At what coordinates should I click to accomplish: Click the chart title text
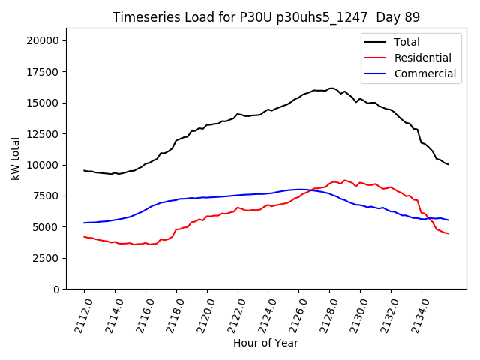coord(266,17)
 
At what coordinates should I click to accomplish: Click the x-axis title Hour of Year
coord(265,343)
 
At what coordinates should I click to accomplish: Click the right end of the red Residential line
coord(448,233)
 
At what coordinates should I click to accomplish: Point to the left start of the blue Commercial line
coord(84,223)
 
